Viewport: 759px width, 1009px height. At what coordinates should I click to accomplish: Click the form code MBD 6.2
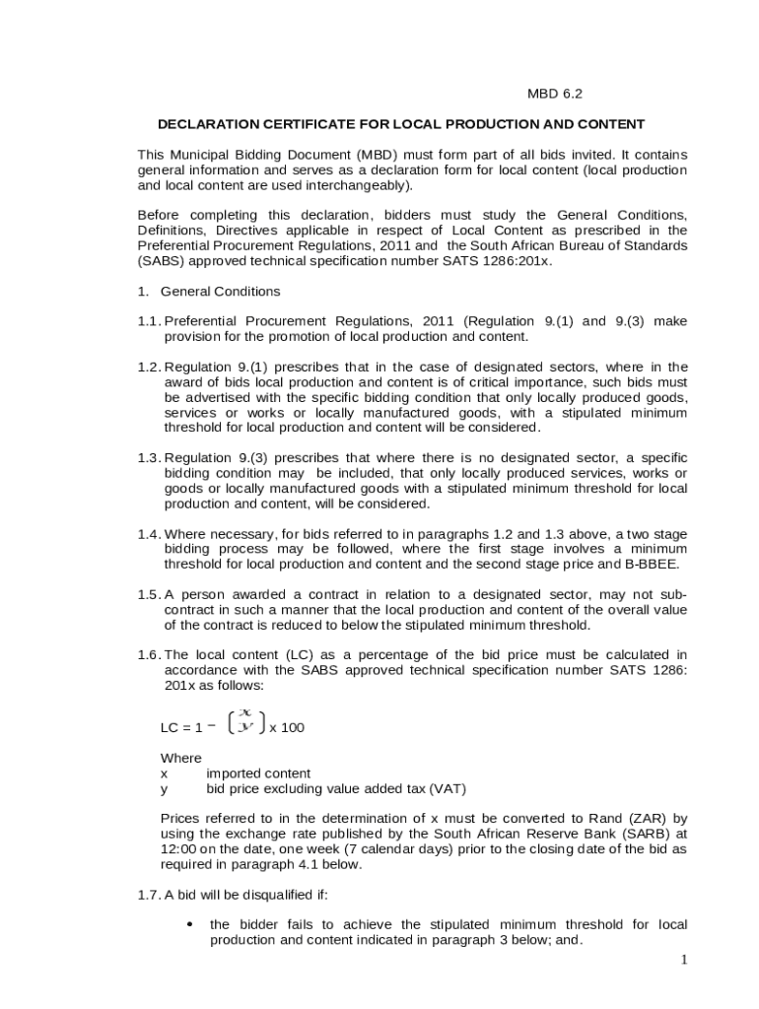pos(555,95)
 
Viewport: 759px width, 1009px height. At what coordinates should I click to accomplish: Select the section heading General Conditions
pos(220,292)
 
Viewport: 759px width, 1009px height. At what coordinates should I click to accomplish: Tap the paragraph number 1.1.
pos(149,321)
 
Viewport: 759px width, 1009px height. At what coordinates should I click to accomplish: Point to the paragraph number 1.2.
pos(149,368)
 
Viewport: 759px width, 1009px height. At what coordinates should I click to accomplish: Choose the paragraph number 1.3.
pos(149,458)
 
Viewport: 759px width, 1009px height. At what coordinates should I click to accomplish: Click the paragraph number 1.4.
pos(149,534)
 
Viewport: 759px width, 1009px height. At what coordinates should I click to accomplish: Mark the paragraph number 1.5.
pos(149,595)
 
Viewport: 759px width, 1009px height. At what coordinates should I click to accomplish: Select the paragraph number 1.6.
pos(149,655)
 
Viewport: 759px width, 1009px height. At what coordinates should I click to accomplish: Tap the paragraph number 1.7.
pos(149,896)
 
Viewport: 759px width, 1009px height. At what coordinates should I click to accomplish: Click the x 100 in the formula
pos(287,728)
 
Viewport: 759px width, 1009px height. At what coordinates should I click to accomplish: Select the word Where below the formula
pos(180,758)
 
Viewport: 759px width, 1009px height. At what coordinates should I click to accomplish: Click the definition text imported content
pos(258,774)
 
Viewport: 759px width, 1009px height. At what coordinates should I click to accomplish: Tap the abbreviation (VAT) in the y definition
pos(447,789)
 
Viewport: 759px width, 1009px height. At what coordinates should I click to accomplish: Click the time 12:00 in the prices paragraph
pos(178,849)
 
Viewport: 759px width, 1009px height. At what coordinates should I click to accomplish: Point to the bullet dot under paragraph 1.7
pos(189,924)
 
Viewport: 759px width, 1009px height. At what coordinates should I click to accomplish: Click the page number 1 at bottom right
pos(682,960)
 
